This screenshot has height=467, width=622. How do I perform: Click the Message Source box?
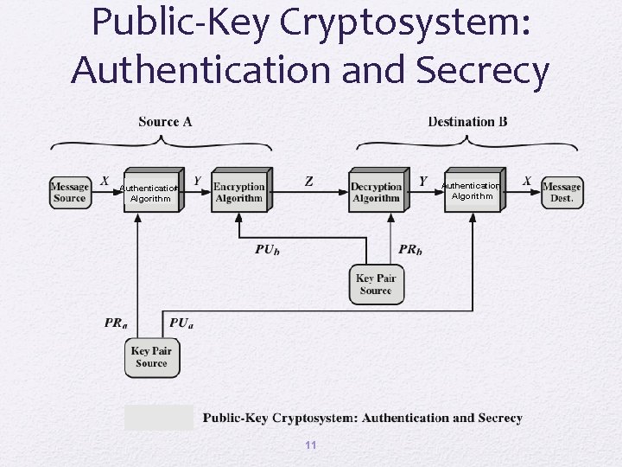click(x=69, y=192)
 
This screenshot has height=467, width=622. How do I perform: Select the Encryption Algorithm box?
click(x=238, y=192)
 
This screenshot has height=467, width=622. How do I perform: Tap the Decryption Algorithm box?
click(x=376, y=192)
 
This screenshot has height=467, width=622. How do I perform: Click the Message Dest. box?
click(x=562, y=192)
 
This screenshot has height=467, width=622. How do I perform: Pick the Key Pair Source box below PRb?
click(x=376, y=284)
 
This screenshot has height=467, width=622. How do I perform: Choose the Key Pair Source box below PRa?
click(x=151, y=357)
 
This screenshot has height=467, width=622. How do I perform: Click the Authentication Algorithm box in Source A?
click(x=151, y=192)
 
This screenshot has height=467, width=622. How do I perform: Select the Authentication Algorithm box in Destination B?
click(x=472, y=190)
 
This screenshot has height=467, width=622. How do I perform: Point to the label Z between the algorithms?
click(x=309, y=182)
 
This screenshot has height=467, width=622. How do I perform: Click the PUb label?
click(x=267, y=249)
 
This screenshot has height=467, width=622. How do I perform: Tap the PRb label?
click(x=411, y=249)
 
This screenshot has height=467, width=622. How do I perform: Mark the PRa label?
click(x=117, y=323)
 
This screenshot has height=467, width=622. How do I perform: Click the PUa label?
click(x=181, y=323)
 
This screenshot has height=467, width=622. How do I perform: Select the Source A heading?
click(x=165, y=122)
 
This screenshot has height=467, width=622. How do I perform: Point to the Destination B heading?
click(x=467, y=122)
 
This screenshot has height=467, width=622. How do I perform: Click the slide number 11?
click(x=311, y=445)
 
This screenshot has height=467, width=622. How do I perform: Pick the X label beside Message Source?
click(x=104, y=181)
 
